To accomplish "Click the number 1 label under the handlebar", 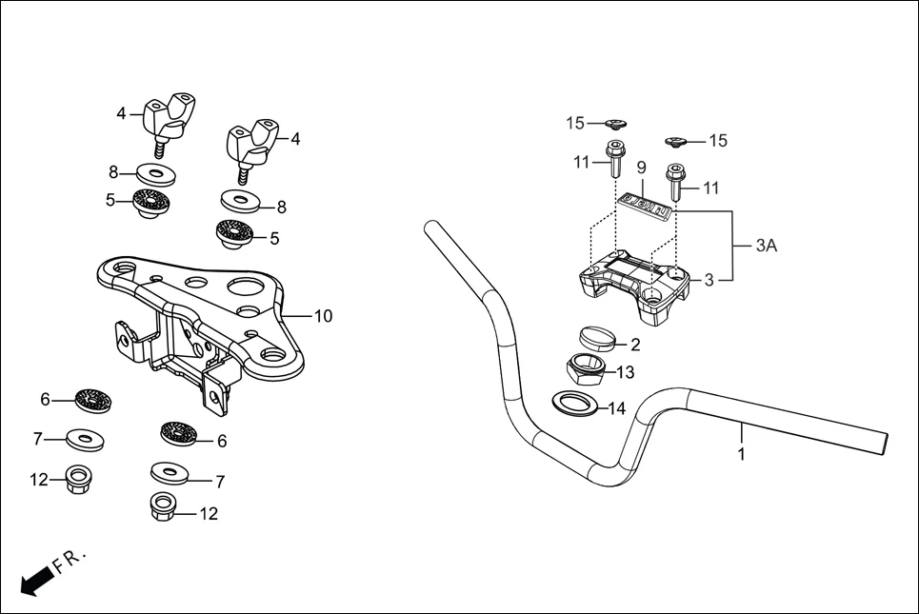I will [741, 454].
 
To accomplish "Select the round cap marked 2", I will [596, 338].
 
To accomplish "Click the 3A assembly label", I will [766, 245].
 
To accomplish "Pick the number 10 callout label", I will [323, 316].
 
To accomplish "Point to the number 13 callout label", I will [625, 372].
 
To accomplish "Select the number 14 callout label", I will [616, 408].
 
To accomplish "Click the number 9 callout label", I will [641, 168].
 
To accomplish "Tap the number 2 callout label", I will [634, 345].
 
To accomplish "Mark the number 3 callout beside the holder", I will [708, 280].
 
